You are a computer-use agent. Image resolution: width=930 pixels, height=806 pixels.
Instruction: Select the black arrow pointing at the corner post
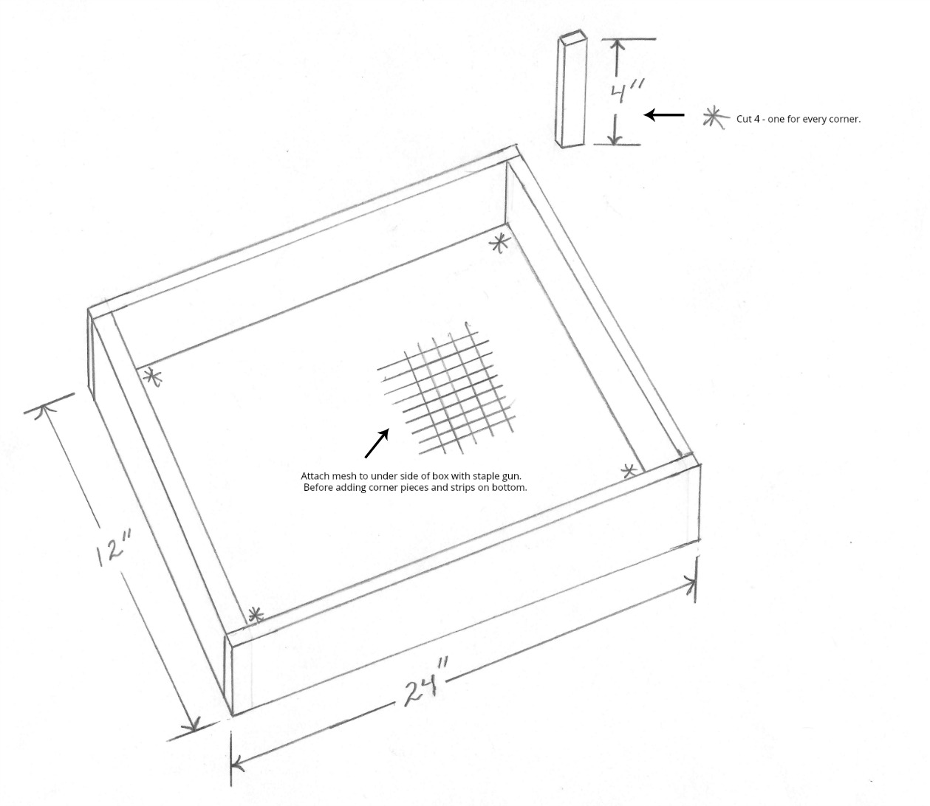coord(664,115)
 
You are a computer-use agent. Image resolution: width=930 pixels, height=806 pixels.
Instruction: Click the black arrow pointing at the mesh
coord(377,443)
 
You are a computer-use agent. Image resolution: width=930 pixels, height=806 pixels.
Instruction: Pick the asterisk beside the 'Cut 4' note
coord(714,118)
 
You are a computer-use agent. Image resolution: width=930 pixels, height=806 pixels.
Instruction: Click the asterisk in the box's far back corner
coord(499,243)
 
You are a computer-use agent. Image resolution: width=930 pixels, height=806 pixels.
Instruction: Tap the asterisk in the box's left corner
coord(152,377)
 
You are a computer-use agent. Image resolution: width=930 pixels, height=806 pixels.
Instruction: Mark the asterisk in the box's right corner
coord(629,471)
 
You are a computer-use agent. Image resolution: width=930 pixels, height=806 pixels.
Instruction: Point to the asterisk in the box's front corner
coord(256,616)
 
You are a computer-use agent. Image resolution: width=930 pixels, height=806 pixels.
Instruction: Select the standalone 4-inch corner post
coord(571,89)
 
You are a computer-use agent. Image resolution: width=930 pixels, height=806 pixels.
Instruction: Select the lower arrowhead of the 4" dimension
coord(615,138)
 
